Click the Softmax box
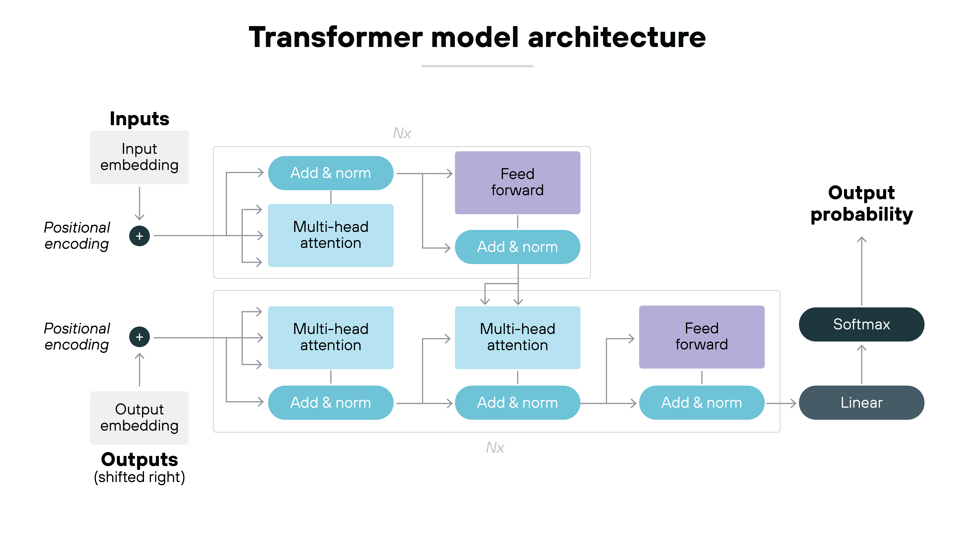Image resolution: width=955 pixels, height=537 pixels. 861,324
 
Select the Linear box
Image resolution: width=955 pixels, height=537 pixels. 861,403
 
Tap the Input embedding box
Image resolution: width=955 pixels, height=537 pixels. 139,157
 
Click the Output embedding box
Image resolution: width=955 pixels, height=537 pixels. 139,418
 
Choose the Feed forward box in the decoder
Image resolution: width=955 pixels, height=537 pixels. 701,337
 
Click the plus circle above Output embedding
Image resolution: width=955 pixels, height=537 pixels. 139,337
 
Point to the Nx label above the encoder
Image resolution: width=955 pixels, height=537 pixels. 402,133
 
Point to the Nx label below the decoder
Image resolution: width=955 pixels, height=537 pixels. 495,448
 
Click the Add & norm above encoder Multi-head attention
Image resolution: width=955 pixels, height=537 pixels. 330,173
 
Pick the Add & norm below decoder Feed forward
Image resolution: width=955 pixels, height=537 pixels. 701,403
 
